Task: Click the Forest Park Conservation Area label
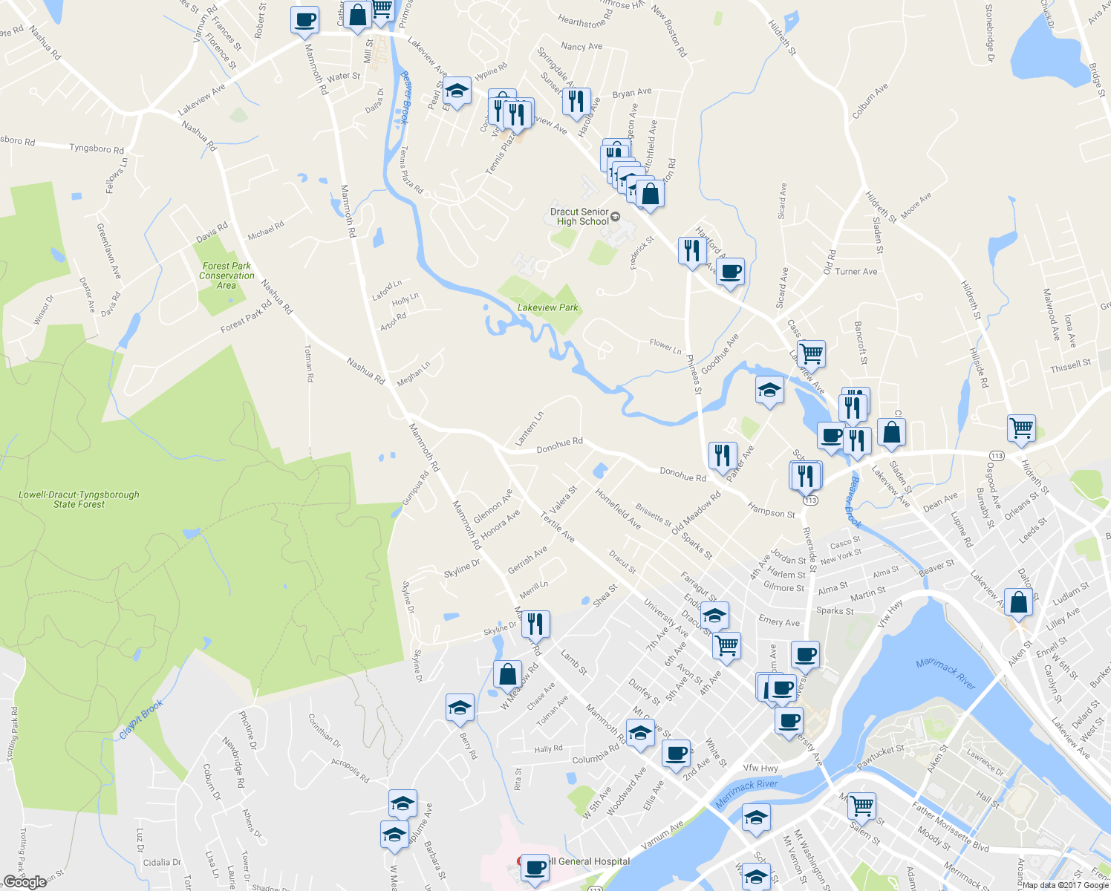click(x=227, y=275)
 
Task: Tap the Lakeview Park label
click(x=547, y=307)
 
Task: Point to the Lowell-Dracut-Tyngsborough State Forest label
click(x=79, y=500)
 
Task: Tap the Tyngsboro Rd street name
click(x=97, y=148)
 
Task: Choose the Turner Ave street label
click(x=856, y=272)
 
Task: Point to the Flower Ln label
click(x=665, y=345)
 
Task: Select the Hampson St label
click(x=771, y=510)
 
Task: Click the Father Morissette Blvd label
click(x=950, y=828)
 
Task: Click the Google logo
click(x=25, y=881)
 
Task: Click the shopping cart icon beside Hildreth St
click(x=1021, y=428)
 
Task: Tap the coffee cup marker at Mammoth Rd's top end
click(x=304, y=20)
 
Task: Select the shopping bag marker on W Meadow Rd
click(x=507, y=675)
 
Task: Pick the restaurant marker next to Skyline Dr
click(x=535, y=624)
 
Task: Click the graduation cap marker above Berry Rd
click(x=460, y=708)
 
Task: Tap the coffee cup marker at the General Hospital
click(x=534, y=867)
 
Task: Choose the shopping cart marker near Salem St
click(x=861, y=805)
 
